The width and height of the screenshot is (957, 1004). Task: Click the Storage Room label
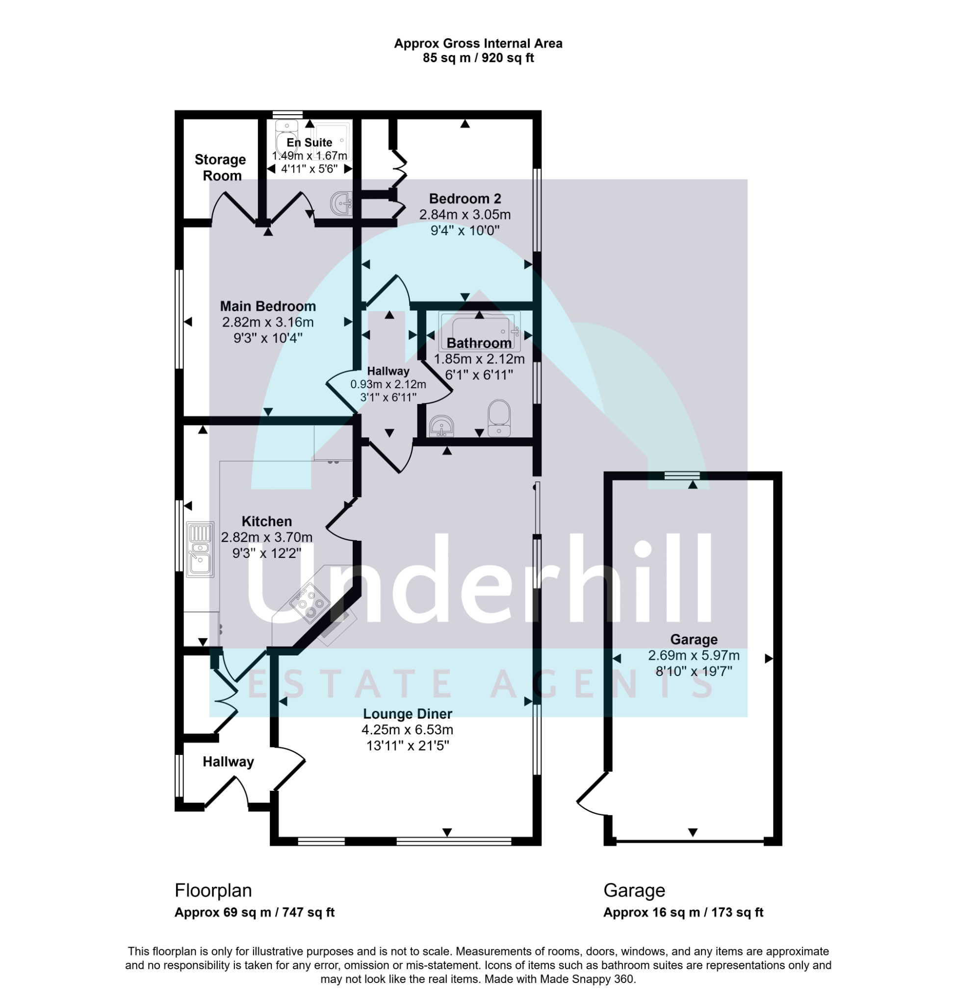(221, 168)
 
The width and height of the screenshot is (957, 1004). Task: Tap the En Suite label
(309, 142)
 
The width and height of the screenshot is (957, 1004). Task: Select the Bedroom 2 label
(465, 199)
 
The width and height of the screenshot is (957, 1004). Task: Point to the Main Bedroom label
(268, 306)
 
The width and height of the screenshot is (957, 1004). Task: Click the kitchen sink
(200, 549)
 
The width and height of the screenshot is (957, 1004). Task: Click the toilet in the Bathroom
(499, 418)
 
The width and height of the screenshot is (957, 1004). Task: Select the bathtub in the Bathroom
(480, 331)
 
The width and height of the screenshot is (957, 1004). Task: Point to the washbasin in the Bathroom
(442, 427)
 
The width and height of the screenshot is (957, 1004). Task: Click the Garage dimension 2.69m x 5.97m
(693, 655)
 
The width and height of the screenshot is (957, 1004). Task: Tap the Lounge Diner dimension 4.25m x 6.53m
(407, 729)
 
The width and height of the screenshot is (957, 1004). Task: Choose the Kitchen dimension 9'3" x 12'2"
(267, 553)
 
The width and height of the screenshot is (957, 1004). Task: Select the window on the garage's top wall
(682, 476)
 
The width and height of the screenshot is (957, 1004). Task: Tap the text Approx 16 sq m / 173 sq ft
(683, 912)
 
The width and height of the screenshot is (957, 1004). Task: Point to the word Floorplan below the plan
(213, 890)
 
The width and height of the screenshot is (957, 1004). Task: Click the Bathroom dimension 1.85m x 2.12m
(479, 359)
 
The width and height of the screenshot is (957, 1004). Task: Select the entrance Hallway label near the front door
(228, 762)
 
